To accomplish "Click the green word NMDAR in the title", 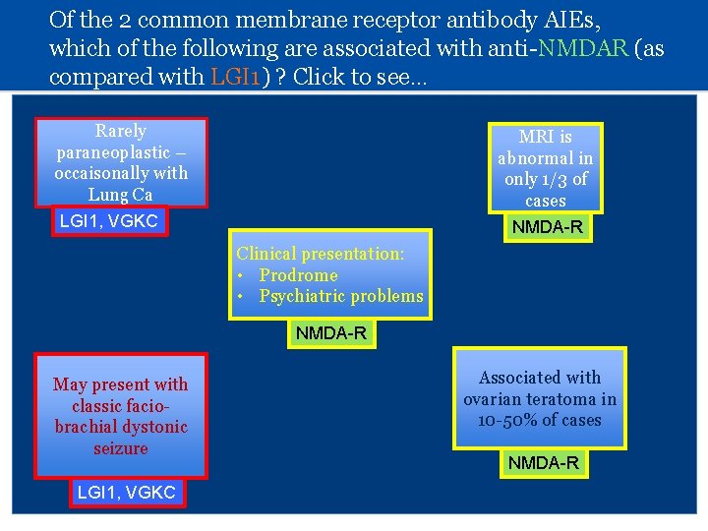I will coord(590,48).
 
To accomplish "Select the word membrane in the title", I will coord(243,20).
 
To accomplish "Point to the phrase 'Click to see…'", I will coord(359,76).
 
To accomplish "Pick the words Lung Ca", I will coord(121,195).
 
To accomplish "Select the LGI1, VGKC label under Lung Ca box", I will coord(109,221).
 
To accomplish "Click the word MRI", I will coord(536,137).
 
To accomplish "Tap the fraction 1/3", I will coord(557,179).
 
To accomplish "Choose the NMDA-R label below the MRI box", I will coord(546,227).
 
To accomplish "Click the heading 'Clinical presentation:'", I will coord(321,254).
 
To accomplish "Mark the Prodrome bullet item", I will coord(298,275).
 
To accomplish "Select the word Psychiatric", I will coord(306,296).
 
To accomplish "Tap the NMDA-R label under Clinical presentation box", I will coord(331,333).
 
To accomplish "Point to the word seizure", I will coord(121,448).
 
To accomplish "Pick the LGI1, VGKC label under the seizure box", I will coord(127,493).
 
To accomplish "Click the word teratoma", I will coord(563,399).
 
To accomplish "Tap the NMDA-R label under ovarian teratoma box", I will coord(543,462).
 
